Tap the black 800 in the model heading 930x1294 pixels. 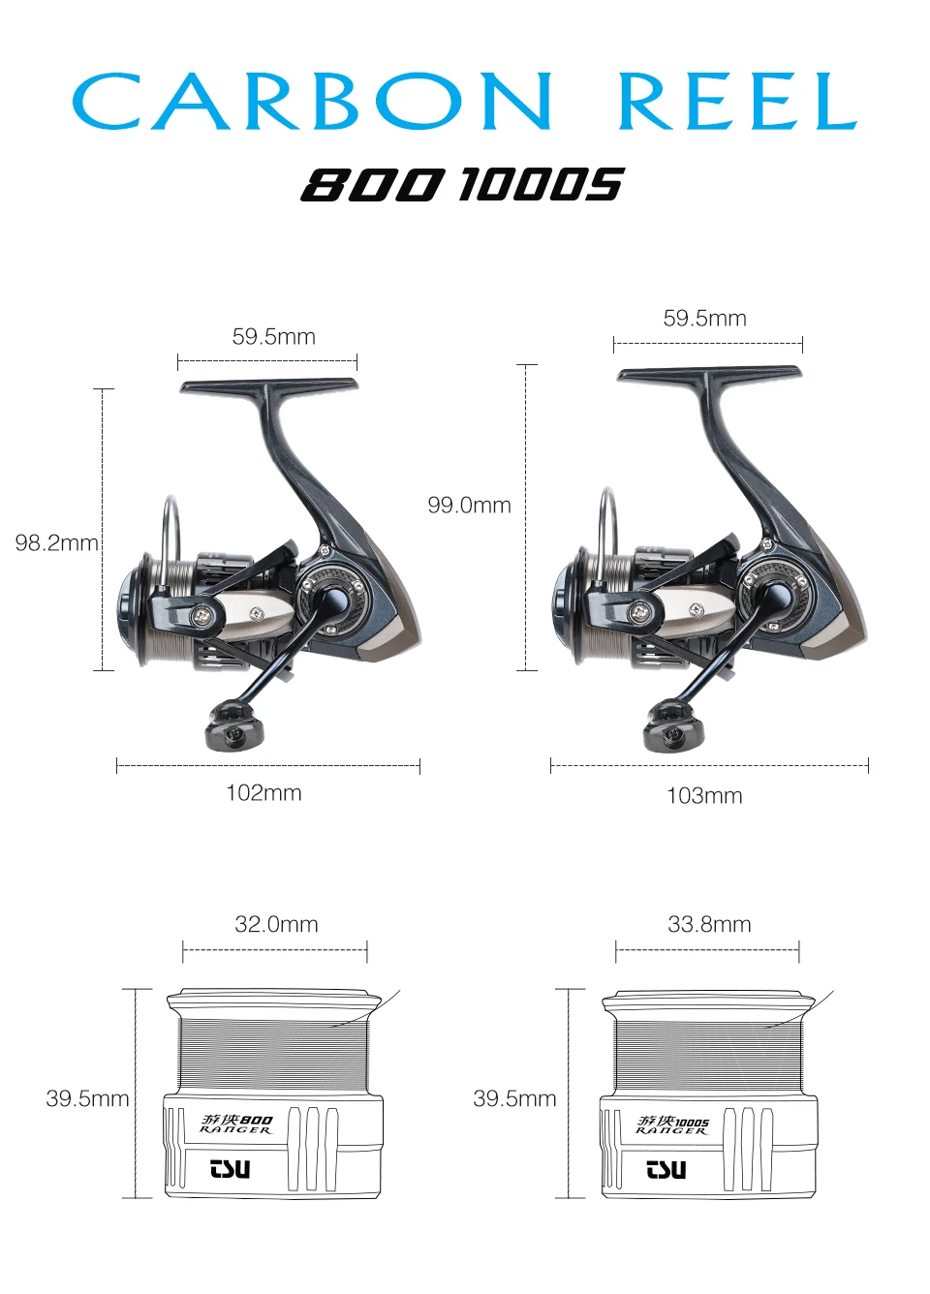370,184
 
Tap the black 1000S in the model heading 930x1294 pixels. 542,184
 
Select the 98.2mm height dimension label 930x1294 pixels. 56,543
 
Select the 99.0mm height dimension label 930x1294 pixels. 469,506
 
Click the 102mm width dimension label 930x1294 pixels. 263,793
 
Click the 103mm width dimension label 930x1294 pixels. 704,796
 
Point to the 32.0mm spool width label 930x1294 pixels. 276,924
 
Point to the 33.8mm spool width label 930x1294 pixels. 709,924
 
